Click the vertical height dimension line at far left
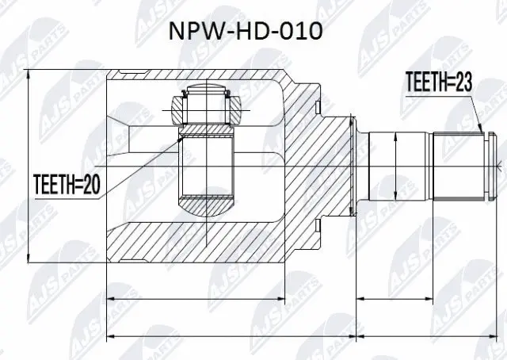click(29, 166)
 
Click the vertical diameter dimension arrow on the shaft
click(394, 166)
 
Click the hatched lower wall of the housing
click(206, 242)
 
